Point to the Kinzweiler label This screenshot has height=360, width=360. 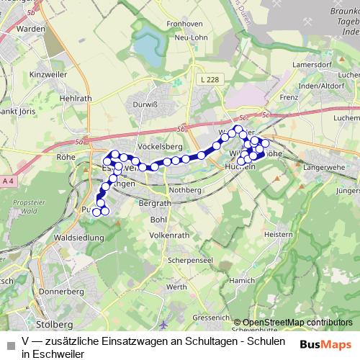pyautogui.click(x=48, y=74)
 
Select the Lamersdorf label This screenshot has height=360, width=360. pyautogui.click(x=312, y=65)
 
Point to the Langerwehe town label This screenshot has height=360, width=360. pyautogui.click(x=323, y=166)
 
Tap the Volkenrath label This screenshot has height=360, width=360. pyautogui.click(x=169, y=235)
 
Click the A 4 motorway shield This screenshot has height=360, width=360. pyautogui.click(x=8, y=180)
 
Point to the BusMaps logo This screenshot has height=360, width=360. pyautogui.click(x=325, y=345)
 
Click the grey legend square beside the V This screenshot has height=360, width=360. pyautogui.click(x=9, y=344)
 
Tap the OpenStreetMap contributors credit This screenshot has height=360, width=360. pyautogui.click(x=297, y=323)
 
